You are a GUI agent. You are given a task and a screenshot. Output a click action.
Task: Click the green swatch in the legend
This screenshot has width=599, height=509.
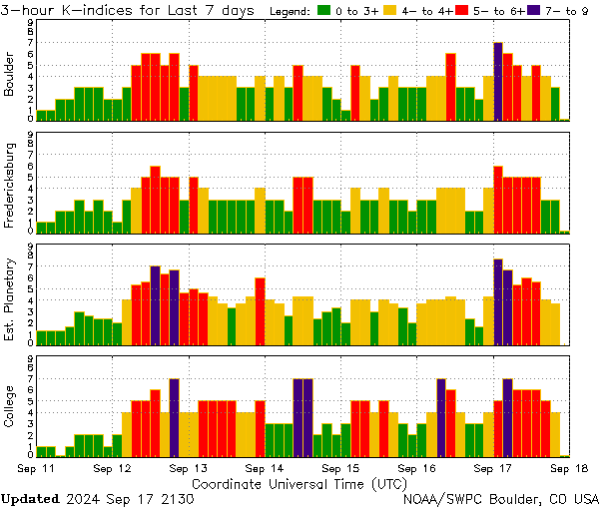click(x=324, y=12)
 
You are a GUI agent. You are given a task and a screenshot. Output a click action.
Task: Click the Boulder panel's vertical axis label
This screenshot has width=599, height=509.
click(x=10, y=75)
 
